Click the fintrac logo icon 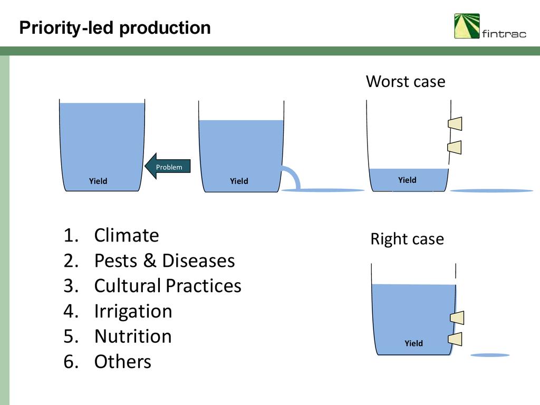click(467, 26)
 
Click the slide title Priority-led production click(115, 28)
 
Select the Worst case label click(406, 82)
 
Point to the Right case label click(407, 239)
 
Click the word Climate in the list click(127, 235)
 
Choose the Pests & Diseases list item click(165, 261)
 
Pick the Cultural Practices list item click(168, 286)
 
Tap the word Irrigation click(133, 311)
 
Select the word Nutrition click(133, 336)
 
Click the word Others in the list click(122, 362)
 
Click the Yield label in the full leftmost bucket click(98, 181)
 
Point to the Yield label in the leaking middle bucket click(239, 181)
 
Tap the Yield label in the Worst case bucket click(407, 180)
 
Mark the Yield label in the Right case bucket click(413, 344)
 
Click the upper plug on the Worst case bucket click(455, 123)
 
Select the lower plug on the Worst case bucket click(455, 147)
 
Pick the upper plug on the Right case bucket click(457, 317)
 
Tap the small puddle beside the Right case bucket click(490, 355)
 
